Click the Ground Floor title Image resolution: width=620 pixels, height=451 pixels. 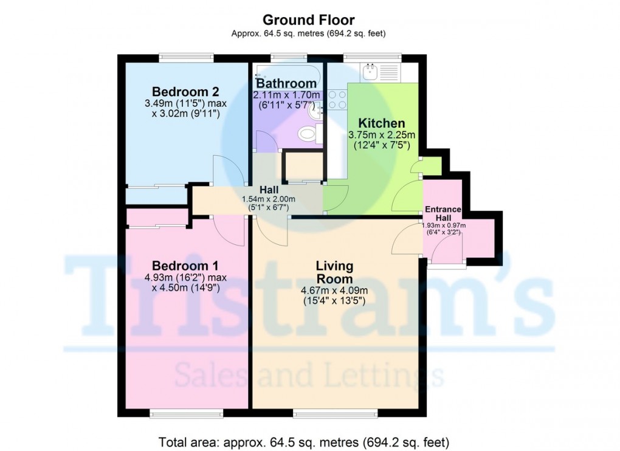tap(309, 21)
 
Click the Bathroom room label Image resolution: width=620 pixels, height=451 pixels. tap(286, 83)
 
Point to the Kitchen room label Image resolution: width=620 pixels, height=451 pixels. tap(381, 124)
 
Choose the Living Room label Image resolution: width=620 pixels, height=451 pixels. tap(334, 272)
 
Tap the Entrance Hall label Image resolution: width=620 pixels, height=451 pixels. tap(443, 213)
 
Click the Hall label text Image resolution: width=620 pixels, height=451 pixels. tap(269, 190)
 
